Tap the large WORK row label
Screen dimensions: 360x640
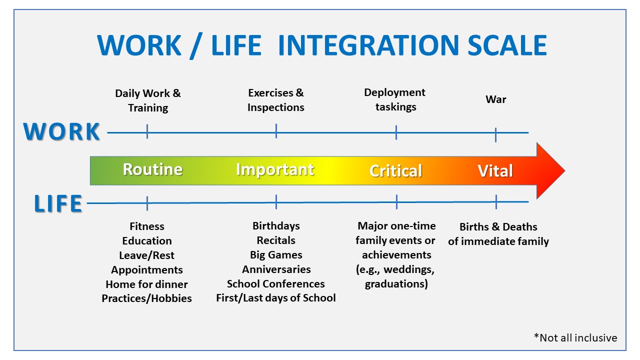coord(62,132)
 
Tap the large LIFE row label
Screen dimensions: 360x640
coord(58,204)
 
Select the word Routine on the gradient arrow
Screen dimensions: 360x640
coord(152,169)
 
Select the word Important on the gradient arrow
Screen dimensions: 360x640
coord(275,169)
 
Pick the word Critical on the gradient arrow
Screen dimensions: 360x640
coord(395,171)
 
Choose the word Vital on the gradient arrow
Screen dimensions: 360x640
coord(495,171)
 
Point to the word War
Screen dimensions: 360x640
coord(495,99)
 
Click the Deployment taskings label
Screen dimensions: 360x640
coord(395,99)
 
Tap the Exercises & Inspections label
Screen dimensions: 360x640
coord(275,100)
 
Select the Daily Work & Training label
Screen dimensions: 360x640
coord(148,100)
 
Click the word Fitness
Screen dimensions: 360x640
coord(146,226)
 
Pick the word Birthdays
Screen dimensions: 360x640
coord(276,226)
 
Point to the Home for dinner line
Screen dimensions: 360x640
coord(146,284)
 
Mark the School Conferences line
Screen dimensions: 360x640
coord(276,284)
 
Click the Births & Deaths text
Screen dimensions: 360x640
coord(498,227)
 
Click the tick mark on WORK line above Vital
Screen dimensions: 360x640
coord(495,134)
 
